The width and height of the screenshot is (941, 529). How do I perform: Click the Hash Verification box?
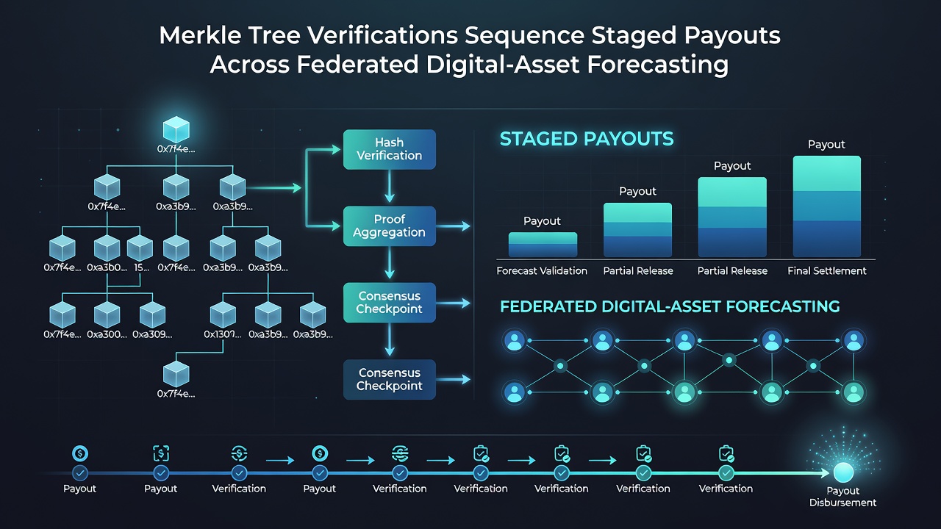(x=390, y=149)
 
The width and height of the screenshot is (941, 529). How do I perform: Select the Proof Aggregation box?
(x=390, y=226)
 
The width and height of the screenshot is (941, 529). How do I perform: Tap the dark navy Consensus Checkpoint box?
(x=390, y=380)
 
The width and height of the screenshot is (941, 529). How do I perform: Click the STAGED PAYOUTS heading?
(x=587, y=139)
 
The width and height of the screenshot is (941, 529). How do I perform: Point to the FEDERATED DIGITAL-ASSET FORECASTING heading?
(x=670, y=306)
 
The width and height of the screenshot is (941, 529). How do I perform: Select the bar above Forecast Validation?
(x=543, y=245)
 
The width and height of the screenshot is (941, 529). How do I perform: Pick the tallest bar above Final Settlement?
(x=827, y=206)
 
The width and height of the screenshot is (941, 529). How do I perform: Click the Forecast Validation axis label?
(x=542, y=271)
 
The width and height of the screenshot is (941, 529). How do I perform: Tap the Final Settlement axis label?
(x=827, y=271)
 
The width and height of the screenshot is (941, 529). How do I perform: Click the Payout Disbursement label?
(x=842, y=497)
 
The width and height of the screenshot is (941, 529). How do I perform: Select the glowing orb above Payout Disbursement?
(x=843, y=472)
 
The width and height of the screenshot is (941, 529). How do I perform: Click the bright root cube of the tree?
(x=176, y=130)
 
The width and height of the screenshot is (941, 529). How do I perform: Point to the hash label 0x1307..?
(x=223, y=334)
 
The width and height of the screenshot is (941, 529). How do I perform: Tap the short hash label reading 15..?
(x=142, y=267)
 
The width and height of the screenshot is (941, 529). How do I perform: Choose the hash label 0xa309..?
(x=152, y=334)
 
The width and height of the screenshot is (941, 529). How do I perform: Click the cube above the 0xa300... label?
(x=107, y=314)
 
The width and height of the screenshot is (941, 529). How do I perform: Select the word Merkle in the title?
(x=201, y=35)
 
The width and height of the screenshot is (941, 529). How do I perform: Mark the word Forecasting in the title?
(x=657, y=65)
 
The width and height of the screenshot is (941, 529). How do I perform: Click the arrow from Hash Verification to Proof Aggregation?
(x=390, y=187)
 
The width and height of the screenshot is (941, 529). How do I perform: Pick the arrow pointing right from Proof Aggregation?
(x=454, y=226)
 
